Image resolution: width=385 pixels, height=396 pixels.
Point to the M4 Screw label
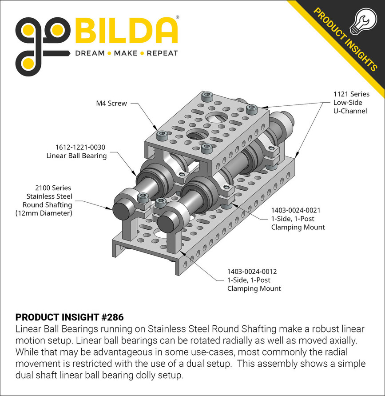[112, 103]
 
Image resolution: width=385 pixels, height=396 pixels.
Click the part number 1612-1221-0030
[77, 147]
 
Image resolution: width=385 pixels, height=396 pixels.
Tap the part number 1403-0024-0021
[296, 210]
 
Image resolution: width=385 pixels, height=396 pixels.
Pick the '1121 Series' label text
[352, 94]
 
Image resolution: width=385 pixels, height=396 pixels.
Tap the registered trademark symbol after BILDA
[178, 18]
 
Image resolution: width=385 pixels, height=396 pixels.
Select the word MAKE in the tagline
[126, 53]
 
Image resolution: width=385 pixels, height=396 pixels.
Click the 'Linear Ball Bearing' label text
[76, 156]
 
